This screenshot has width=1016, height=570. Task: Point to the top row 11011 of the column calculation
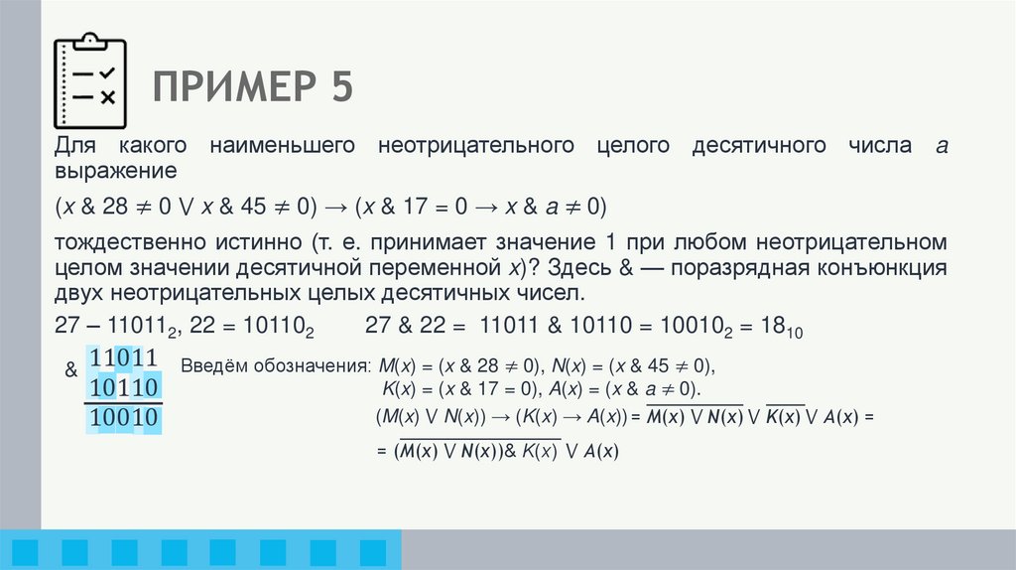[x=125, y=358]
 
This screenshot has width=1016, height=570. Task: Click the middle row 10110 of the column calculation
[x=125, y=387]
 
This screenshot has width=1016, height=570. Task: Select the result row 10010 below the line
[x=125, y=418]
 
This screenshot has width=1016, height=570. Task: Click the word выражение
[x=115, y=170]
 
